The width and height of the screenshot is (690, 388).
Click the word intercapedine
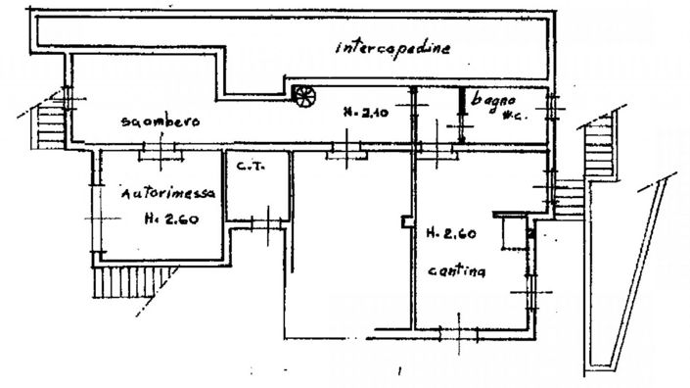(x=392, y=48)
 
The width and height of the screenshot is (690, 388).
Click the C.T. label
(x=249, y=168)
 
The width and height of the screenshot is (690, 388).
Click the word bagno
(x=490, y=98)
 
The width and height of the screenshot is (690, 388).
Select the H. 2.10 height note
(x=361, y=113)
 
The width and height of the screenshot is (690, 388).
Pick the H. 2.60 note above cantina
(x=450, y=234)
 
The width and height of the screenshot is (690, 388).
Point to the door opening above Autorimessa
(x=158, y=149)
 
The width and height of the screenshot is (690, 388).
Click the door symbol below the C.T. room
(x=262, y=224)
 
